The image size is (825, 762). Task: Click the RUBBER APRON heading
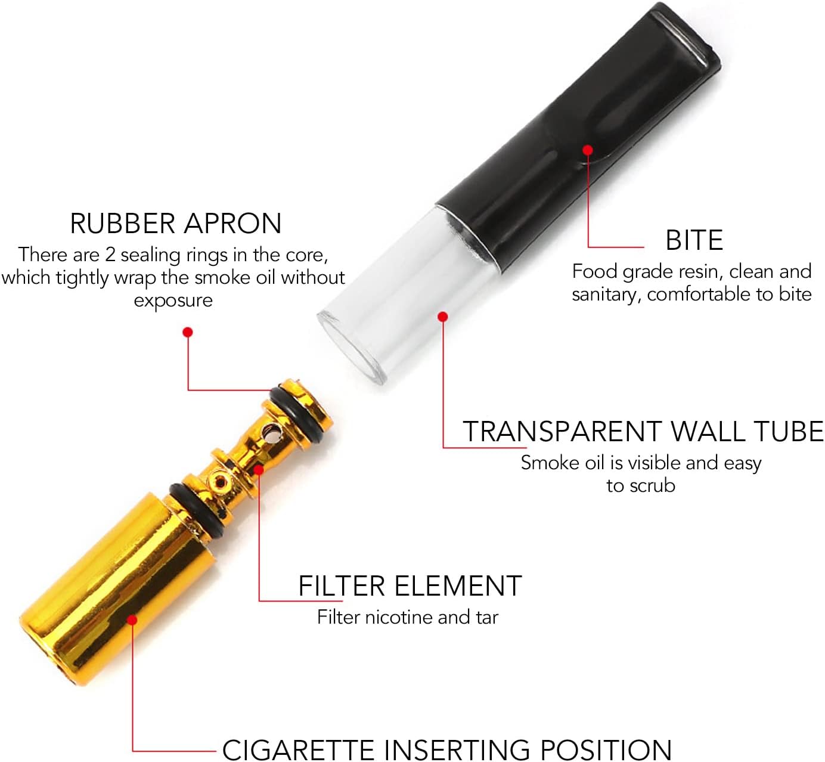tap(175, 224)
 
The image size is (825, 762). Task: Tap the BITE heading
tap(694, 240)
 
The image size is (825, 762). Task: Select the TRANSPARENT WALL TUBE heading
tap(643, 431)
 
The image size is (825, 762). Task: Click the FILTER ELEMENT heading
tap(410, 586)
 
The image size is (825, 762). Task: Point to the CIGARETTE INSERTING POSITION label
tap(446, 749)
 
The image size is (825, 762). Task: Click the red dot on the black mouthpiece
tap(588, 150)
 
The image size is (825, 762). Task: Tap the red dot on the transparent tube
tap(442, 316)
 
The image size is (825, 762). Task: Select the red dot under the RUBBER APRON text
tap(188, 332)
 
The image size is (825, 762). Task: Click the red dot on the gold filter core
tap(259, 470)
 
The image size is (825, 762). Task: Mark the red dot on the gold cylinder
tap(132, 620)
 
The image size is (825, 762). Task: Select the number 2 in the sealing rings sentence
tap(110, 255)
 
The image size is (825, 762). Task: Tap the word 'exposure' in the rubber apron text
tap(173, 301)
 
